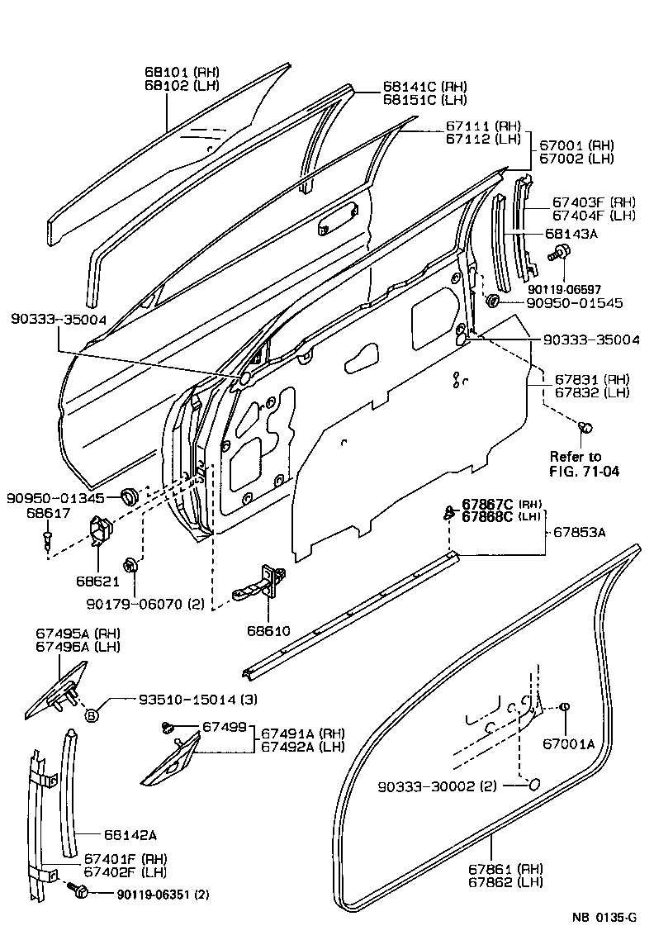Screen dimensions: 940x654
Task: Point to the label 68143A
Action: coord(570,234)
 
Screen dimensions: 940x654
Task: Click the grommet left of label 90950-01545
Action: coord(493,301)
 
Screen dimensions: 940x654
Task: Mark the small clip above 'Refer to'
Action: coord(585,427)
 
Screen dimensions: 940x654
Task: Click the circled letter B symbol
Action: coord(92,714)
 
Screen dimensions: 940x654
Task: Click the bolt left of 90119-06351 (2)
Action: coord(81,891)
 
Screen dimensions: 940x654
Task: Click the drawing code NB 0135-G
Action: coord(604,918)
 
